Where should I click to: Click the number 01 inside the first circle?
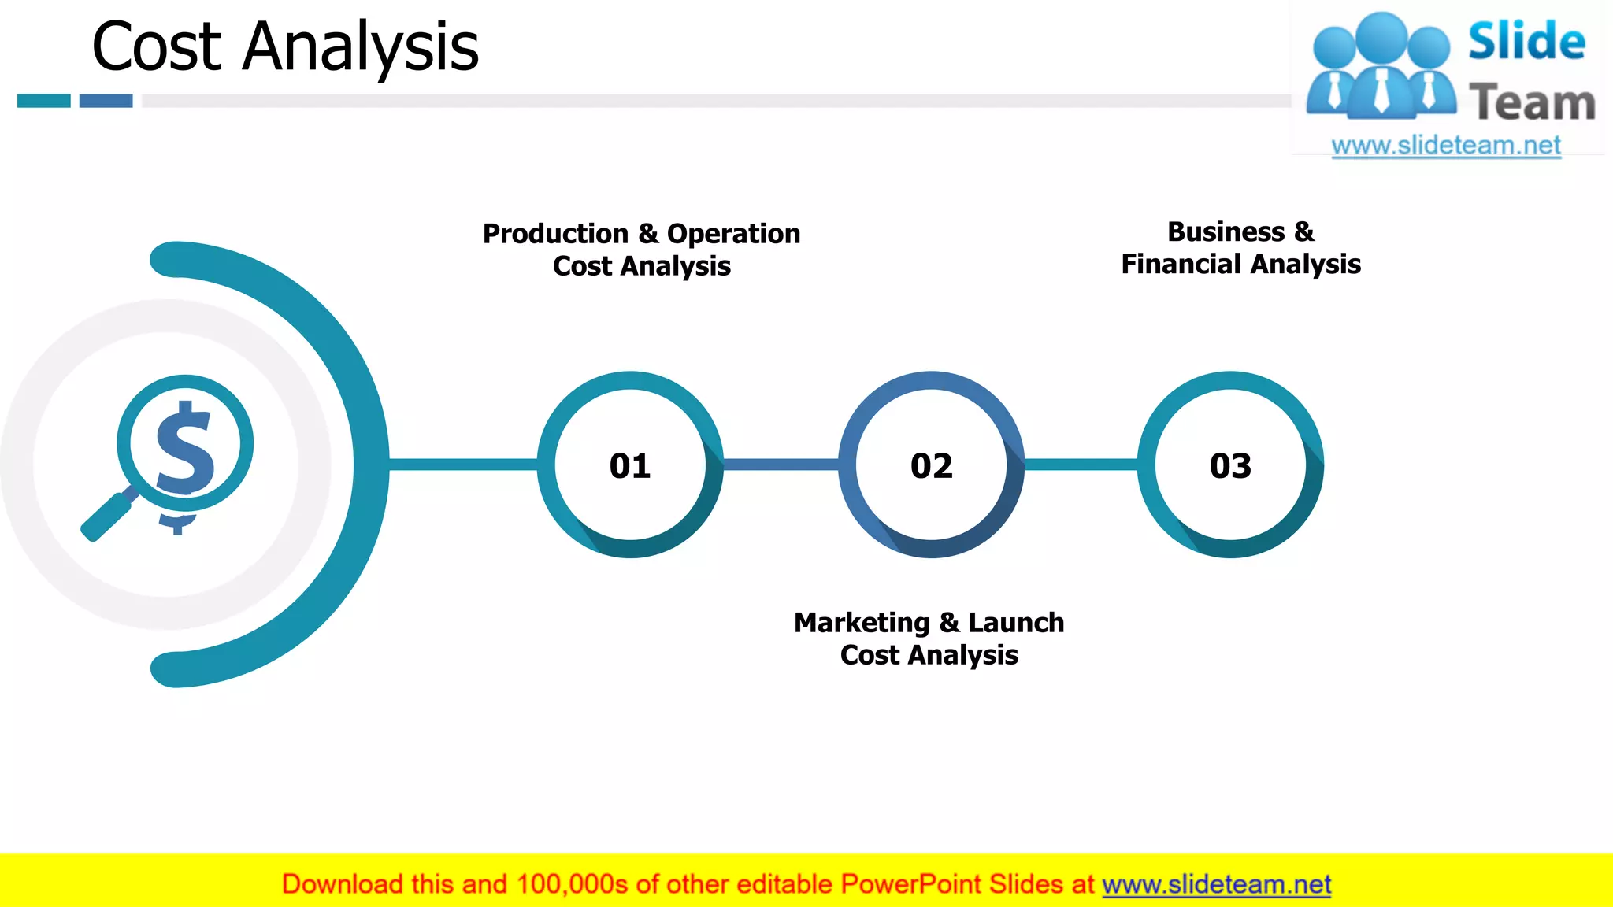pyautogui.click(x=630, y=466)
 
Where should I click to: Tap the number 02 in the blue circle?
pyautogui.click(x=931, y=466)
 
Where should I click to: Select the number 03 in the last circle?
pyautogui.click(x=1230, y=466)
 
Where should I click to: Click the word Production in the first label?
pyautogui.click(x=555, y=234)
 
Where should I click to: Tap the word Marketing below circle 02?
pyautogui.click(x=862, y=623)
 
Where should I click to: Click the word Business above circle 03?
pyautogui.click(x=1226, y=232)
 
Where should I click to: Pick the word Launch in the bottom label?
pyautogui.click(x=1016, y=623)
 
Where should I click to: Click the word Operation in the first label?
pyautogui.click(x=733, y=234)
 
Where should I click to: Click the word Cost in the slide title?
pyautogui.click(x=157, y=47)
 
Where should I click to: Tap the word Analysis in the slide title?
pyautogui.click(x=361, y=47)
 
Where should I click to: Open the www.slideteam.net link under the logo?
pyautogui.click(x=1445, y=146)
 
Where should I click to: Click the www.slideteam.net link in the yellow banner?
pyautogui.click(x=1216, y=885)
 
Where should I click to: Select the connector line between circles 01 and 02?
pyautogui.click(x=781, y=465)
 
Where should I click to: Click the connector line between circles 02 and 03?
pyautogui.click(x=1081, y=465)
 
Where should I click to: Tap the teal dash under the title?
pyautogui.click(x=44, y=101)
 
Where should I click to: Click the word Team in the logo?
pyautogui.click(x=1532, y=103)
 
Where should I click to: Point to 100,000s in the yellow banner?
pyautogui.click(x=572, y=885)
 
